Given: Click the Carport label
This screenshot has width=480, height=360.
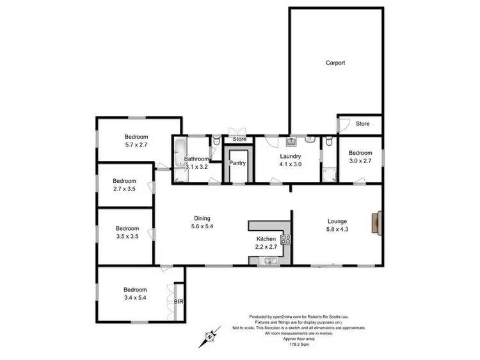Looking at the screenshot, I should pos(335,63).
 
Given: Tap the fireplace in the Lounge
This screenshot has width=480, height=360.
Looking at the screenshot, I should pos(380,222).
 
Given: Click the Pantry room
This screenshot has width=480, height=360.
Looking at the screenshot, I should pos(238,163).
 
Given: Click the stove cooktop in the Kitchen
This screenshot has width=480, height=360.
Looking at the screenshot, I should pos(286,240).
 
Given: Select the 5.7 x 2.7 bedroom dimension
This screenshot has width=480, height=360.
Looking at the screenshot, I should pos(136,145).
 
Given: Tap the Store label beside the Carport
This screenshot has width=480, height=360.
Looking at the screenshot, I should pos(363,124).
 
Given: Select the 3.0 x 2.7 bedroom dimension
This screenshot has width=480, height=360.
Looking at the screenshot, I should pos(360,161).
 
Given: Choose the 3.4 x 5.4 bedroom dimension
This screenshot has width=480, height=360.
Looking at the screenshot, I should pos(135,298).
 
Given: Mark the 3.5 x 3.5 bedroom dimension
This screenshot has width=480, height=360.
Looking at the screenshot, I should pos(127,237).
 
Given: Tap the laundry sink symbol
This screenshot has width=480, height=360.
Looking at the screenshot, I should pos(291,140).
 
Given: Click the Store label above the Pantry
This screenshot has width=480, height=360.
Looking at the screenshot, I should pos(239,139).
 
